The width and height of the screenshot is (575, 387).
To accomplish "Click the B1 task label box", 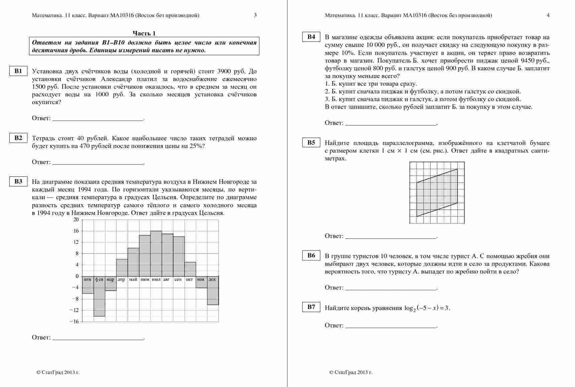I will coord(18,71).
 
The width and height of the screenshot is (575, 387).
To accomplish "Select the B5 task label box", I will coord(311,143).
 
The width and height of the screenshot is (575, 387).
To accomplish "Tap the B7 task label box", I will coord(311,307).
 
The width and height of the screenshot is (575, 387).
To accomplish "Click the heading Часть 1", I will coord(144,33).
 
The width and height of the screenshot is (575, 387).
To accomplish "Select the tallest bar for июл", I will coord(156,253).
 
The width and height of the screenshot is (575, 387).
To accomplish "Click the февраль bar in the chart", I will coord(99,296).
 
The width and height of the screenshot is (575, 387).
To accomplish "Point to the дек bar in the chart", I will coord(213,291).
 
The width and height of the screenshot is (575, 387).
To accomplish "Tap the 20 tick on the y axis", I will coord(76,220).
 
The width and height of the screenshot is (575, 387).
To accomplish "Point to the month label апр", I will coord(121,280).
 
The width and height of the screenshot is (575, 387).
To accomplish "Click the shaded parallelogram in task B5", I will coord(437,192).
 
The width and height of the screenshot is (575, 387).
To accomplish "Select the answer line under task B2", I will coord(98,164).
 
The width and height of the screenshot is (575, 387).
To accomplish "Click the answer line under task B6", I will coord(391,290).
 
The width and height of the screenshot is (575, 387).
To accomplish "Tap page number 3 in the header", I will coord(255,15).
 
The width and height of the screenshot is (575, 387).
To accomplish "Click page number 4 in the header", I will coord(548,15).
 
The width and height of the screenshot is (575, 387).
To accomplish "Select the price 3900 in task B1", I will coord(224,71).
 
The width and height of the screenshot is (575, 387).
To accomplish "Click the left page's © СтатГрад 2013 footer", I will coord(58,372).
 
